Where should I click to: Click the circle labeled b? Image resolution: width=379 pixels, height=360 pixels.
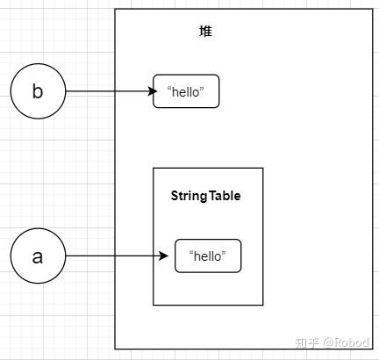(x=38, y=91)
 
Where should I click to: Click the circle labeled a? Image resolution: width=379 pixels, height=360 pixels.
(x=38, y=256)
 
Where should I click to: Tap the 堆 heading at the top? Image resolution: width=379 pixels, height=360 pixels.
(x=205, y=32)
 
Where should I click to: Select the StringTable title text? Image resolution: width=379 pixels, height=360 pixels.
(x=205, y=196)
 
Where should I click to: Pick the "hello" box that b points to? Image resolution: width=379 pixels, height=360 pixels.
(x=186, y=91)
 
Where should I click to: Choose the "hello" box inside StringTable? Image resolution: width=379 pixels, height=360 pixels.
(x=208, y=256)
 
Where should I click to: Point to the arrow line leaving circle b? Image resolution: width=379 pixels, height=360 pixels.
(x=97, y=91)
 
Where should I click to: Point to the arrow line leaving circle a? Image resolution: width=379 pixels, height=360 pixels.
(x=97, y=256)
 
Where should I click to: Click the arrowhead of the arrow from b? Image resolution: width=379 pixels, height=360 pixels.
(x=149, y=91)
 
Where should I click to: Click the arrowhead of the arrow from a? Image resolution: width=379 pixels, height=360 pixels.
(x=163, y=256)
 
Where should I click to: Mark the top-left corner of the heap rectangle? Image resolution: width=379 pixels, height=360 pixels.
(x=115, y=10)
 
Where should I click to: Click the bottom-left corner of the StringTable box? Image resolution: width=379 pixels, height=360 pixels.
(x=154, y=305)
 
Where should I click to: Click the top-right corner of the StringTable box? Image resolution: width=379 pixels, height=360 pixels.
(x=263, y=168)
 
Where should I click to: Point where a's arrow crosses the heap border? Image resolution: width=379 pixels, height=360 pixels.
(x=115, y=256)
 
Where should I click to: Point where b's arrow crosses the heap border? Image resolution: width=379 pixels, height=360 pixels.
(x=115, y=91)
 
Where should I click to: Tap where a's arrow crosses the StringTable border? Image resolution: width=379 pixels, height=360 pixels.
(x=154, y=256)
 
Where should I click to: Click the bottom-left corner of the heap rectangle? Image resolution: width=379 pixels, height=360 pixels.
(x=115, y=349)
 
